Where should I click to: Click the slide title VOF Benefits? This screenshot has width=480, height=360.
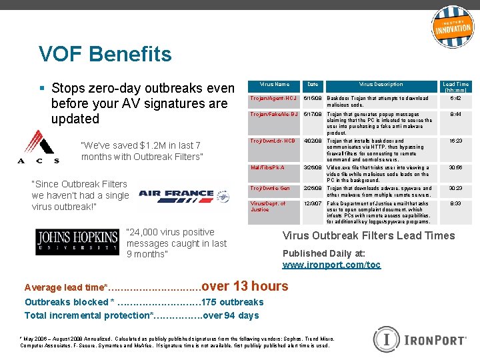point(105,54)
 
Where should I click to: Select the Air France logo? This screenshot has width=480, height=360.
point(176,194)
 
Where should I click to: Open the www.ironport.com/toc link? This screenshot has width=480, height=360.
point(331,265)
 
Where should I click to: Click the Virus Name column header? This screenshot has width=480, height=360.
point(274,85)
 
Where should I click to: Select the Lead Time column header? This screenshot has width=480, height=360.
point(456,87)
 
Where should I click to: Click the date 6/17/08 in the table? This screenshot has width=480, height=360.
point(312,115)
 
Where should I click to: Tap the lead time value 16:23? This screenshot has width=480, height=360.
point(456,141)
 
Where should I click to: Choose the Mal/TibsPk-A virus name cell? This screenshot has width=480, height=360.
point(267,168)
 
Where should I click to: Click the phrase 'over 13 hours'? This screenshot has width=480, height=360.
point(245,286)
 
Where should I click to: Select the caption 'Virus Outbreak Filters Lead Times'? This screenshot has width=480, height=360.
point(369,235)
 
